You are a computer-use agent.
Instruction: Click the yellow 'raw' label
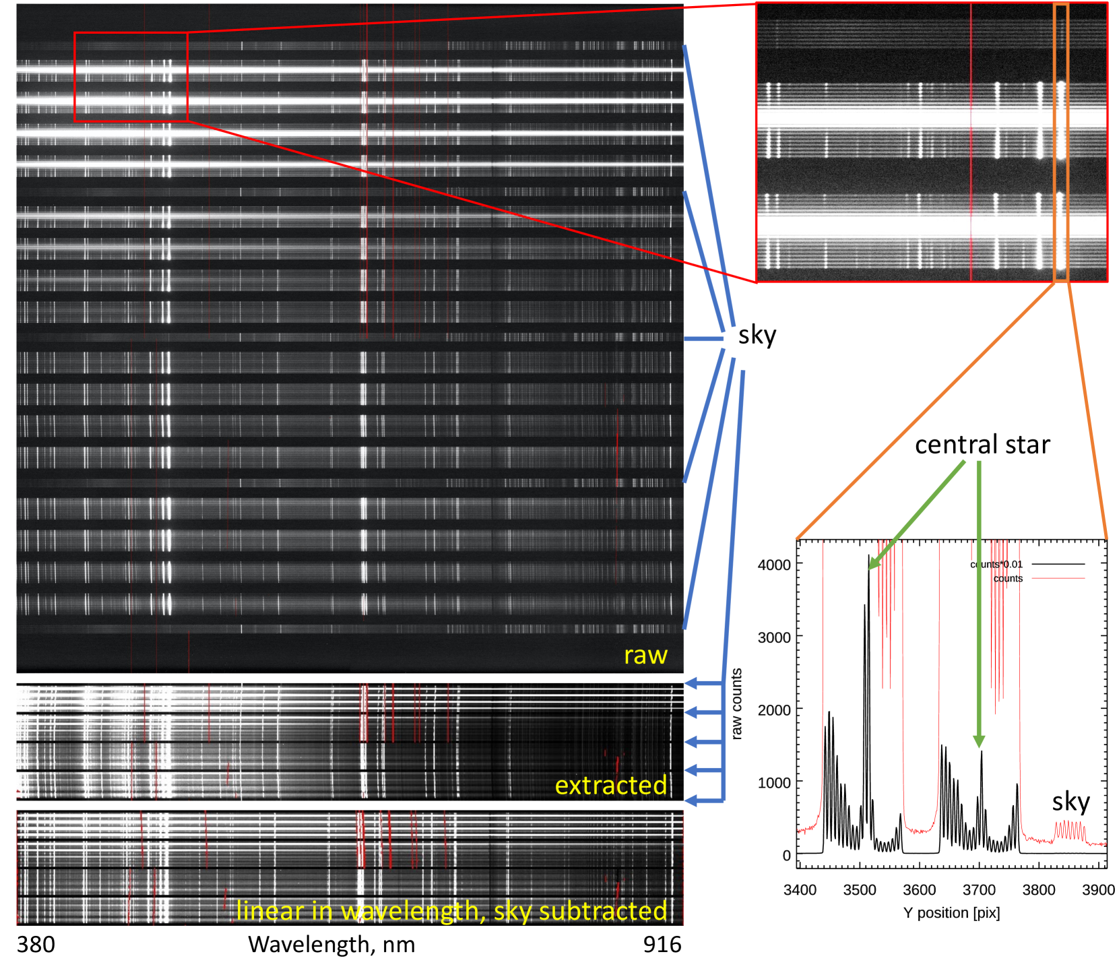coord(645,655)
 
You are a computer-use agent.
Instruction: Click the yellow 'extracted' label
coord(610,785)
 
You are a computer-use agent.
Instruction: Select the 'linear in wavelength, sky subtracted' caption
coord(451,910)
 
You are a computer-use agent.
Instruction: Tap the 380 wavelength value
coord(36,945)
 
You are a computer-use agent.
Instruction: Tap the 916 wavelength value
coord(662,945)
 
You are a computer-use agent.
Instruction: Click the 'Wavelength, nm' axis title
coord(331,945)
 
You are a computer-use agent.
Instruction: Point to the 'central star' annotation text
coord(982,445)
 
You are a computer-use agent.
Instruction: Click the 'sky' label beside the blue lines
coord(757,335)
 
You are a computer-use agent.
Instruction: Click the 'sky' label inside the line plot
coord(1070,802)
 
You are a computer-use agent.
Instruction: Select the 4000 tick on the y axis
coord(774,565)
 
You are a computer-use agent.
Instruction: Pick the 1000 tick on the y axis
coord(774,783)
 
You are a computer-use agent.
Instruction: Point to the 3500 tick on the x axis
coord(860,890)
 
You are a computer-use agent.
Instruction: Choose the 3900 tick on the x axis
coord(1098,890)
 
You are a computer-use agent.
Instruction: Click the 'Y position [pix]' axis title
coord(951,913)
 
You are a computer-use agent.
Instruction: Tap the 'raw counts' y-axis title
coord(736,703)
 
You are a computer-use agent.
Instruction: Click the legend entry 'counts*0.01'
coord(996,565)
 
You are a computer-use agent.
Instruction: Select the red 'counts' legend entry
coord(1008,579)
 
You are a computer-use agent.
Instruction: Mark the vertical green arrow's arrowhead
coord(979,742)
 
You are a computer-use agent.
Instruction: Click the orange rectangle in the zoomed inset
coord(1060,142)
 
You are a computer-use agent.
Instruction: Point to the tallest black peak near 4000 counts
coord(869,557)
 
